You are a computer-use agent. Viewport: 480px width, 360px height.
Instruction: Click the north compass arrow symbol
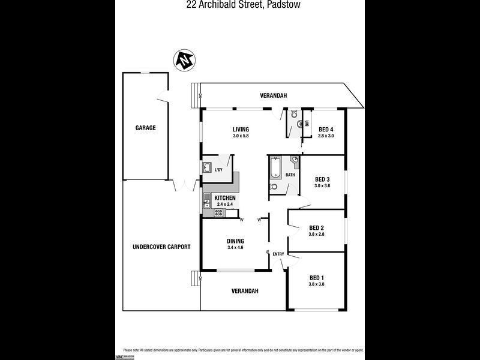pos(184,60)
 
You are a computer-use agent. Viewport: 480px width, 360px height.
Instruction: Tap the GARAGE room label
pos(145,128)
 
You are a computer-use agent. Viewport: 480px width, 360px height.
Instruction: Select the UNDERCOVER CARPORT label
pos(161,247)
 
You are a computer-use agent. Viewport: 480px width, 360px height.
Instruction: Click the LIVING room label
pos(241,130)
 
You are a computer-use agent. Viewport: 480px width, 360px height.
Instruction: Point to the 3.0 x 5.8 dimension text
pos(241,136)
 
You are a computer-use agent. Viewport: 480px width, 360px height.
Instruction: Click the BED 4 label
pos(326,130)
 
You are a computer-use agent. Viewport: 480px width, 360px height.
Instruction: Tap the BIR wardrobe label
pos(307,124)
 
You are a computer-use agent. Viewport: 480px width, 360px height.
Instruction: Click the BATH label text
pos(290,175)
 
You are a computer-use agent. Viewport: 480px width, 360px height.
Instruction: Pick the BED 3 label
pos(323,179)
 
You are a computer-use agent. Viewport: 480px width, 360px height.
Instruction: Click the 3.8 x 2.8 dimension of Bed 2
pos(316,234)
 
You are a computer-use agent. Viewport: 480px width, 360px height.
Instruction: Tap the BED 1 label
pos(316,277)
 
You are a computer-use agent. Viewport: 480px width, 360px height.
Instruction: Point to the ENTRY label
pos(278,254)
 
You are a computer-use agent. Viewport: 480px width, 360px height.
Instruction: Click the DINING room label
pos(235,241)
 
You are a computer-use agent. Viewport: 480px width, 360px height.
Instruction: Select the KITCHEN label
pos(225,198)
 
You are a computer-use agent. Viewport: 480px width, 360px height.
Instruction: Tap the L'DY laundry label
pos(218,170)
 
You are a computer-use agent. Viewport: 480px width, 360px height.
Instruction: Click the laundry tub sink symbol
pos(206,168)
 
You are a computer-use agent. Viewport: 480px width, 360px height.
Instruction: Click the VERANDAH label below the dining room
pos(245,291)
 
